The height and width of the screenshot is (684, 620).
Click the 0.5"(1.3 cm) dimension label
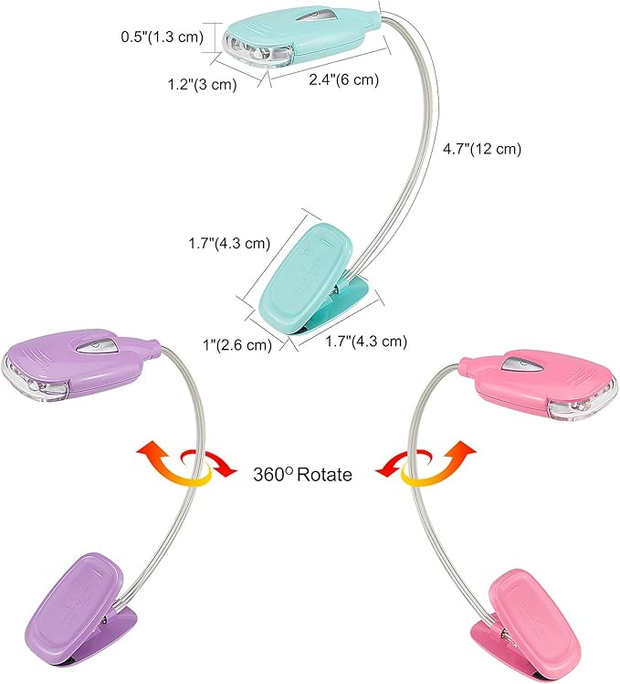(x=163, y=37)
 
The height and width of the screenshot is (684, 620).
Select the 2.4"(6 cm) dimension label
(x=344, y=79)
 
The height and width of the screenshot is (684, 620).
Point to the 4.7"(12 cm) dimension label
(x=482, y=148)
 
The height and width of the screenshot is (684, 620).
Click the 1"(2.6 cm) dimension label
(x=237, y=344)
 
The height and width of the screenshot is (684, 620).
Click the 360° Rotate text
(x=302, y=474)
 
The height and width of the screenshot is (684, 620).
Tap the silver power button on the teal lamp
(x=315, y=16)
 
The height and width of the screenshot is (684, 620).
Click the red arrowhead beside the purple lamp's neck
(x=227, y=468)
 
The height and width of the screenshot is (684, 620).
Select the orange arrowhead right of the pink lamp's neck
(x=463, y=449)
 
